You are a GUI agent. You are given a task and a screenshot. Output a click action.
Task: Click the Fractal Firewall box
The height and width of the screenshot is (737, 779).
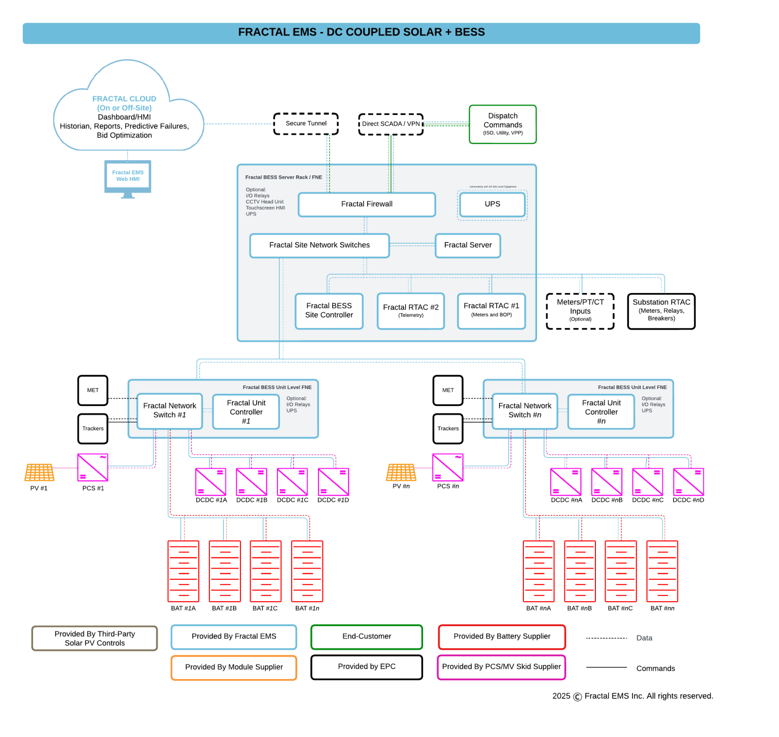pos(367,204)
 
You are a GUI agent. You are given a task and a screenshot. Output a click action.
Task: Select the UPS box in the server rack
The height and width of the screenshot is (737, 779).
pos(492,204)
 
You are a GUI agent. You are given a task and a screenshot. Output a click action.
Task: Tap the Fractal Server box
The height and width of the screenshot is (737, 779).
pos(468,245)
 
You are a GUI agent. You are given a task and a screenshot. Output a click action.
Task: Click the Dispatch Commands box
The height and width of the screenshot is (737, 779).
pos(503,124)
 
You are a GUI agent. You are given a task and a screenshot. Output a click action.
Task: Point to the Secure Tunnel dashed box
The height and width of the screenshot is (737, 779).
pos(306,124)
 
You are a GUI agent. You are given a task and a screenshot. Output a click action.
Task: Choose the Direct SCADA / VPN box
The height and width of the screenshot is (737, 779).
pos(391,124)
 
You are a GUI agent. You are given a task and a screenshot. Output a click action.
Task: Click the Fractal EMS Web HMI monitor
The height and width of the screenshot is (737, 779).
pos(128,177)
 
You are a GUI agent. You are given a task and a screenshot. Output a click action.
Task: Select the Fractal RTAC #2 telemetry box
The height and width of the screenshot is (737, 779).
pos(411,311)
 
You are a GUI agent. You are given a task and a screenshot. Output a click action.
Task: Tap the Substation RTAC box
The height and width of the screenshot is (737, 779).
pos(661,311)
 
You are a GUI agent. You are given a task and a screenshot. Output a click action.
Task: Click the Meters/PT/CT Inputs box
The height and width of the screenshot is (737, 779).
pos(580,311)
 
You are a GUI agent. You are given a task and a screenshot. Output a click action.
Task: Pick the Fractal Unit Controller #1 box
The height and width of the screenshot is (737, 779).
pos(246,412)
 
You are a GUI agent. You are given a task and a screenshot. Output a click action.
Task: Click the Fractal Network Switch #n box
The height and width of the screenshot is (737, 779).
pos(525,411)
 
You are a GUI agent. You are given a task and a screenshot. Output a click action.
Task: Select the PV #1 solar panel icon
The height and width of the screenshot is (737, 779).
pos(40,472)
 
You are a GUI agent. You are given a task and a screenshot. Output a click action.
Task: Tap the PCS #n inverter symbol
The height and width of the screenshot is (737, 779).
pos(448,467)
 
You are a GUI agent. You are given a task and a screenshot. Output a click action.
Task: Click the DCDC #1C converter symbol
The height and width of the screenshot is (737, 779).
pos(293,482)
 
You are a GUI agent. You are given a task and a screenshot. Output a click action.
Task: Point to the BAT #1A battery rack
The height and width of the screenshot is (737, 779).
pos(184,571)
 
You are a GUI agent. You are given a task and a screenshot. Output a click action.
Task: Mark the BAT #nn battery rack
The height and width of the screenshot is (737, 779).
pos(662,571)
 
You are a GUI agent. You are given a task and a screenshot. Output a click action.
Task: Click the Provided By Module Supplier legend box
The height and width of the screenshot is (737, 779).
pos(234,668)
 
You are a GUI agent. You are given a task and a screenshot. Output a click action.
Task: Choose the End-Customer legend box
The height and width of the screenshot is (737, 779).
pos(367,637)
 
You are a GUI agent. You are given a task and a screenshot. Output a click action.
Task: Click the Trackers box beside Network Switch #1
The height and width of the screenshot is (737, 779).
pos(93,428)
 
